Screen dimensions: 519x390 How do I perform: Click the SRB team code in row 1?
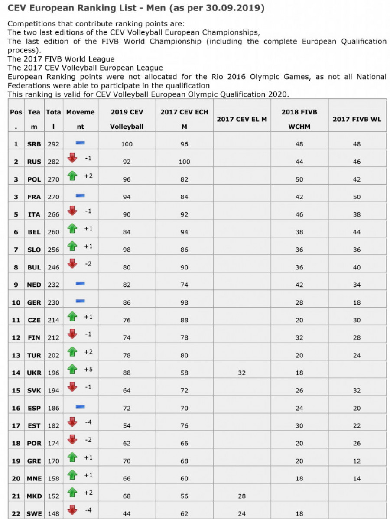34,144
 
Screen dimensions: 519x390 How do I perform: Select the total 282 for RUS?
54,162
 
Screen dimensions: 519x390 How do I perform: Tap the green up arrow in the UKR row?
72,369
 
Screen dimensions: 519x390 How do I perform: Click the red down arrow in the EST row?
72,422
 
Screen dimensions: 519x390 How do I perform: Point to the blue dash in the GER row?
80,301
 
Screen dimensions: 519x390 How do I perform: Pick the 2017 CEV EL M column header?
242,119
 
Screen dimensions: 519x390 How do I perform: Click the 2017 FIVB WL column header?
357,119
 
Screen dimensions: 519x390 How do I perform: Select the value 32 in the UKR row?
242,373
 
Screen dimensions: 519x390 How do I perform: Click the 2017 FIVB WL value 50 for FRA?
357,197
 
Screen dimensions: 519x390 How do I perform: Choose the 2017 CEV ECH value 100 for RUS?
184,162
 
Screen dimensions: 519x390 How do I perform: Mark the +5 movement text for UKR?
88,370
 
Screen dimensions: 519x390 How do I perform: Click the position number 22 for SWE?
16,514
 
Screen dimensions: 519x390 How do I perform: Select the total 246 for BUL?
54,267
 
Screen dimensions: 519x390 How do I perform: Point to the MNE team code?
34,478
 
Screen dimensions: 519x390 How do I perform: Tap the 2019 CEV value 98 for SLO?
127,250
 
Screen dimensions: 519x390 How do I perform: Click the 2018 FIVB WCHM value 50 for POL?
299,179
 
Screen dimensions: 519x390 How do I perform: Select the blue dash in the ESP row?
80,406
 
